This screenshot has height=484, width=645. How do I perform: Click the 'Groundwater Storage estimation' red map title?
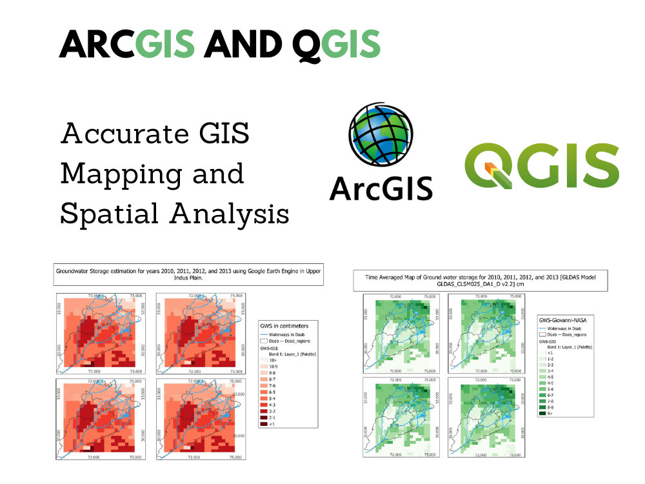tap(187, 276)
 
